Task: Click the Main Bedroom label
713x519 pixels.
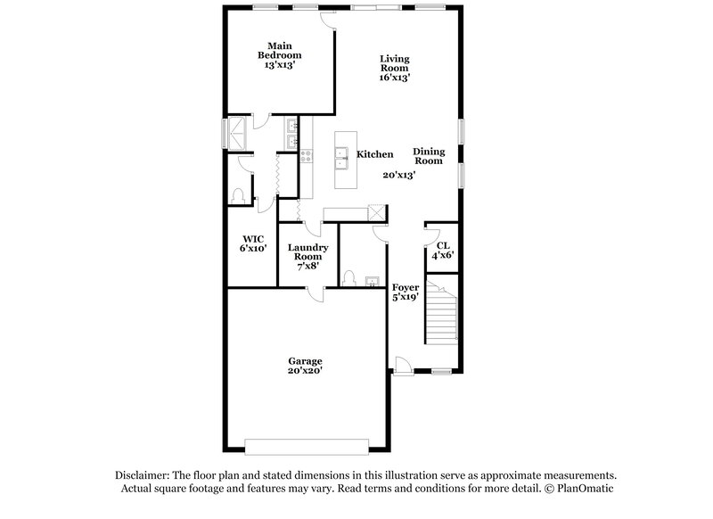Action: pyautogui.click(x=277, y=54)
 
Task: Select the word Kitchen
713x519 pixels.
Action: pyautogui.click(x=375, y=154)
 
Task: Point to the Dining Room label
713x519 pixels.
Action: pyautogui.click(x=430, y=156)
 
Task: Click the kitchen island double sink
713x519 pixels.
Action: pyautogui.click(x=340, y=159)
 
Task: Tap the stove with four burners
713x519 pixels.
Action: pyautogui.click(x=307, y=157)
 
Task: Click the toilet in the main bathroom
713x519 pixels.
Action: pyautogui.click(x=238, y=195)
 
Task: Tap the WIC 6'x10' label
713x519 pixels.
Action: pyautogui.click(x=253, y=243)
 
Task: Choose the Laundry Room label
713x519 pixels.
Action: pyautogui.click(x=307, y=256)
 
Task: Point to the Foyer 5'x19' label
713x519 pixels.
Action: pyautogui.click(x=406, y=292)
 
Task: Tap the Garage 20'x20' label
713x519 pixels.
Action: pyautogui.click(x=305, y=366)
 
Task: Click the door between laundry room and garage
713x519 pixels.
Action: pyautogui.click(x=314, y=292)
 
